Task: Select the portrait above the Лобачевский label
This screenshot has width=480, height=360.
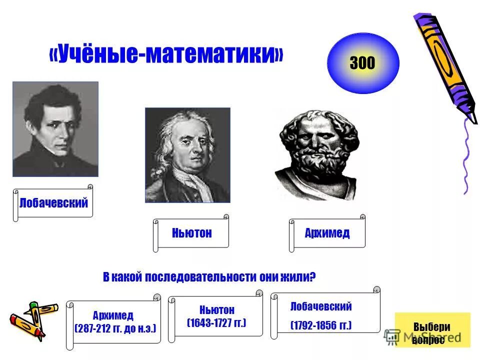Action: pos(55,129)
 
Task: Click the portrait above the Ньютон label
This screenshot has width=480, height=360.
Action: pos(187,155)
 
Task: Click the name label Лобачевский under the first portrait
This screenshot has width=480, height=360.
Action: pos(53,203)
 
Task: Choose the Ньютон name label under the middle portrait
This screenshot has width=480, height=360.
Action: pos(191,233)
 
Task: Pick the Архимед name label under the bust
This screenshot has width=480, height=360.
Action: pos(327,233)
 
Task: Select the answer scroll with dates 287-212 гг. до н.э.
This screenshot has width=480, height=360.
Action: pos(114,322)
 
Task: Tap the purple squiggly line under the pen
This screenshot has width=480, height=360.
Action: pos(467,155)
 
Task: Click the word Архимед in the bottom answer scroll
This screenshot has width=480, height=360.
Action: pos(113,316)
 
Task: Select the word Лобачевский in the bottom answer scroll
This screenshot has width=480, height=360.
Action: pos(321,306)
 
